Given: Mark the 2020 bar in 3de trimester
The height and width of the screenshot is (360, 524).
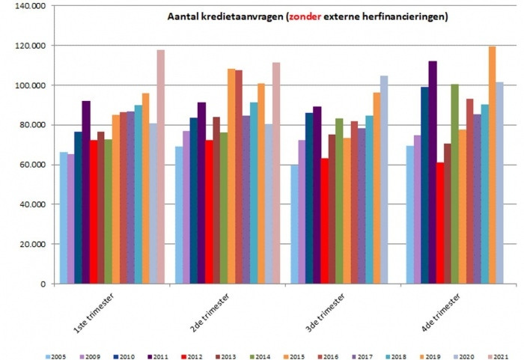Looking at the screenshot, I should (x=384, y=180).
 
